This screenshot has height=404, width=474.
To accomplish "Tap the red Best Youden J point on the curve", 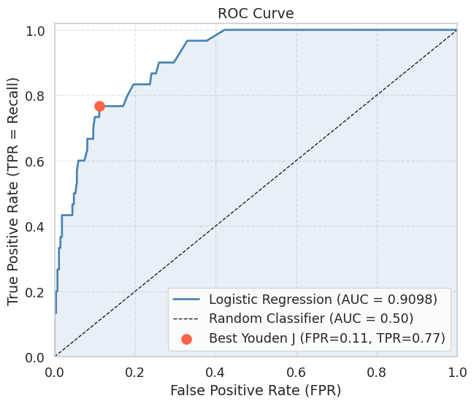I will (x=99, y=106).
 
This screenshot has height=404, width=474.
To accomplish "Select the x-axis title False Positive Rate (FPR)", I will (x=256, y=390).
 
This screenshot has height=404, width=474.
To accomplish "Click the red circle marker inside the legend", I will (x=187, y=338).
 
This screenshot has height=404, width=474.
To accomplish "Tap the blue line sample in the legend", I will (x=187, y=299).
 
